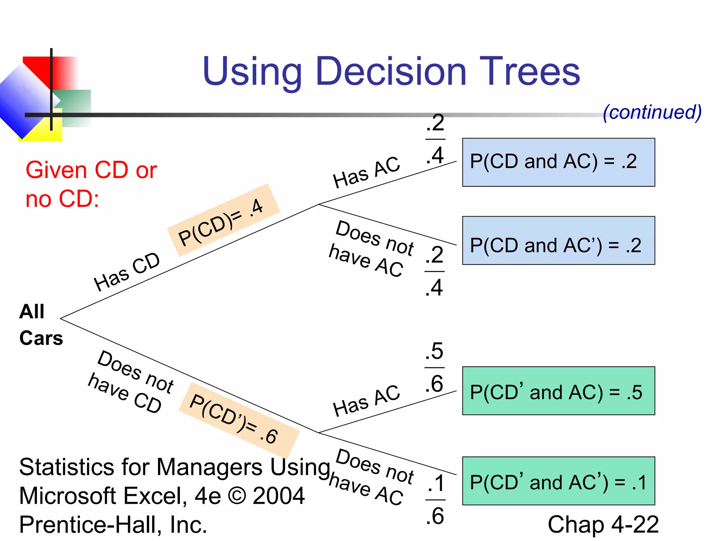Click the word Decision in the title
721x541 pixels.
[x=391, y=72]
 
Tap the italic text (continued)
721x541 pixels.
[x=652, y=112]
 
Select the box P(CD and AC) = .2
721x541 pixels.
[x=558, y=162]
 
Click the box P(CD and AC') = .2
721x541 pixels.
[x=558, y=241]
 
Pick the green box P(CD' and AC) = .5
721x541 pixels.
[x=558, y=391]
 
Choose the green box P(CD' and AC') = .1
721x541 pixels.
[x=558, y=481]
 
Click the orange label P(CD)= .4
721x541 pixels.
[x=223, y=220]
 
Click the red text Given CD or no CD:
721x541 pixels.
[x=91, y=184]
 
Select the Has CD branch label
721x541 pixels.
[x=127, y=272]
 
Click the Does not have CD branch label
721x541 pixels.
[x=130, y=382]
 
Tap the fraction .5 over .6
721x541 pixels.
[x=434, y=367]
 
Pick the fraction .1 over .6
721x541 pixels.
[x=435, y=499]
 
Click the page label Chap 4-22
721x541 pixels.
[x=603, y=524]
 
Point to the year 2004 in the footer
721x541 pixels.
[x=278, y=496]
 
